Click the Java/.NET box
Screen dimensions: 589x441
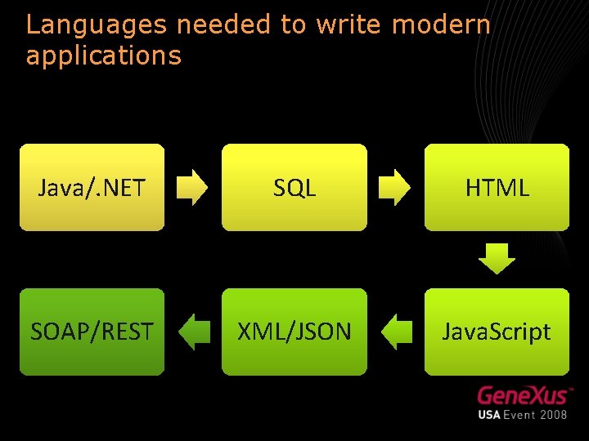coord(92,188)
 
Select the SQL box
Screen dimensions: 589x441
coord(294,188)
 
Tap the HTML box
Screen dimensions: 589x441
coord(497,188)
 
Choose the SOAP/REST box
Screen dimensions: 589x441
coord(92,332)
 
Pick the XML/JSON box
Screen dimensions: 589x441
coord(294,332)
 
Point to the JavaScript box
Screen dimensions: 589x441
coord(497,332)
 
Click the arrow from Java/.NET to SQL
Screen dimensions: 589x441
coord(193,187)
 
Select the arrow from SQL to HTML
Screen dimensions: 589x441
coord(396,187)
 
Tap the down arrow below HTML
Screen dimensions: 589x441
coord(497,259)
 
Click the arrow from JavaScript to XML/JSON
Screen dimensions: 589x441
coord(397,331)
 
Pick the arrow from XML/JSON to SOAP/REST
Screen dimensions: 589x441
coord(195,331)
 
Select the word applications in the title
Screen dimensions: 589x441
coord(103,56)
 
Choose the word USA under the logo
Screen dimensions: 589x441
coord(491,414)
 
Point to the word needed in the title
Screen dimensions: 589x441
coord(224,24)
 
